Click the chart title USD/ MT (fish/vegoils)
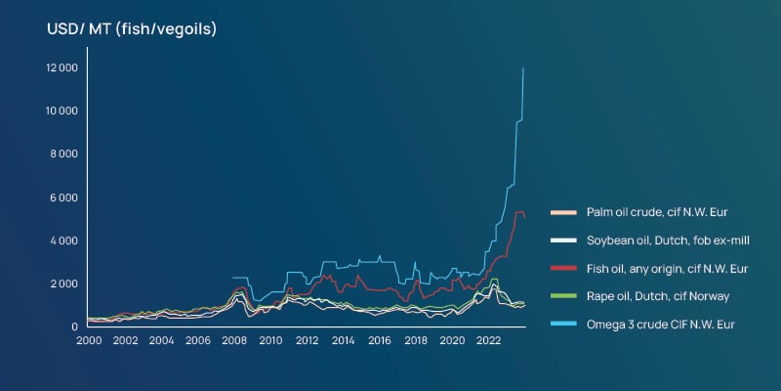click(132, 29)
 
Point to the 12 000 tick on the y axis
click(62, 67)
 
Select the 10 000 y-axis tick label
click(62, 110)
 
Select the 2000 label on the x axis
click(88, 341)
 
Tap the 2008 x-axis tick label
click(233, 341)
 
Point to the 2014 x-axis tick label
click(343, 341)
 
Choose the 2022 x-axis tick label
click(488, 341)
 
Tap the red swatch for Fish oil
click(564, 268)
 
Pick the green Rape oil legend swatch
click(564, 295)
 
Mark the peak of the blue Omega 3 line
click(523, 68)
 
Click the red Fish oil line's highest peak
click(520, 211)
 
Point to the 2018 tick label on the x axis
click(416, 341)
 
